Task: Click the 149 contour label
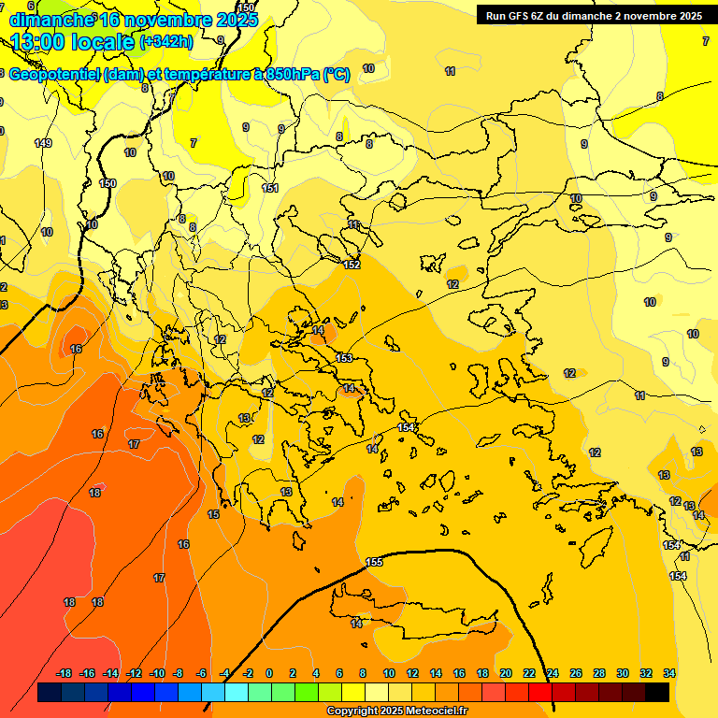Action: point(43,143)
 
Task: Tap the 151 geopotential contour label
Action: point(270,189)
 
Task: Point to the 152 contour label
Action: point(352,266)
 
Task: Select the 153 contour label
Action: point(344,359)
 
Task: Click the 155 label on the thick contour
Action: point(375,562)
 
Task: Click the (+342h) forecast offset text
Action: point(166,42)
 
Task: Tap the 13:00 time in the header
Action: point(41,42)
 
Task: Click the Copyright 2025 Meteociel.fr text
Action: point(396,711)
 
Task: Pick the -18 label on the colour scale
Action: point(64,673)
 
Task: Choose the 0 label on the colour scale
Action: point(269,673)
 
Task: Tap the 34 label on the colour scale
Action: point(669,673)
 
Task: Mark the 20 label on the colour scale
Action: point(506,673)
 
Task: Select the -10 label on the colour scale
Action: point(157,673)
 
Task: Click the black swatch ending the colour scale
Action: point(657,693)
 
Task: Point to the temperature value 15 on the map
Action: point(213,515)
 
